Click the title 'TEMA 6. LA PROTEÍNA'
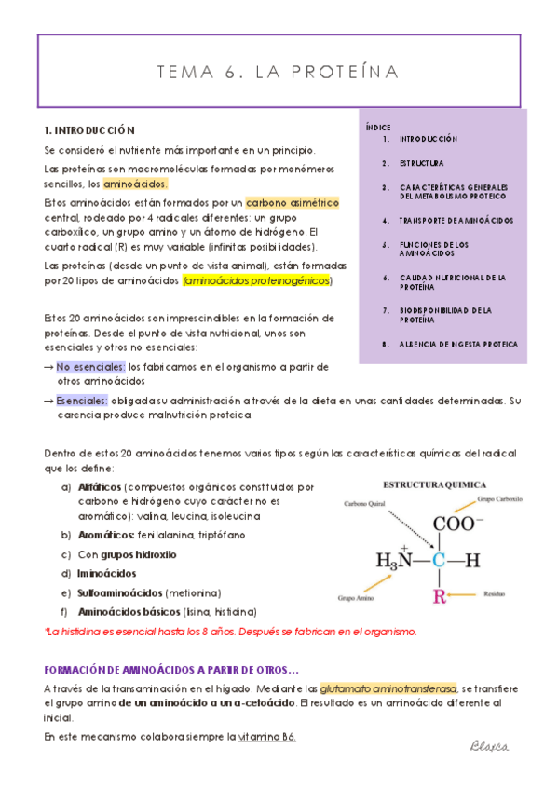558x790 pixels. [279, 72]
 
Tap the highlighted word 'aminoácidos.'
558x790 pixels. [136, 184]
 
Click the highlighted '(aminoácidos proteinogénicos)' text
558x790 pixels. [257, 280]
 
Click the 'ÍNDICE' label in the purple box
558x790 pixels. [378, 127]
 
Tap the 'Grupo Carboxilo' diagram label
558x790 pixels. [500, 500]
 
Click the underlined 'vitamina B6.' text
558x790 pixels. [267, 737]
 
